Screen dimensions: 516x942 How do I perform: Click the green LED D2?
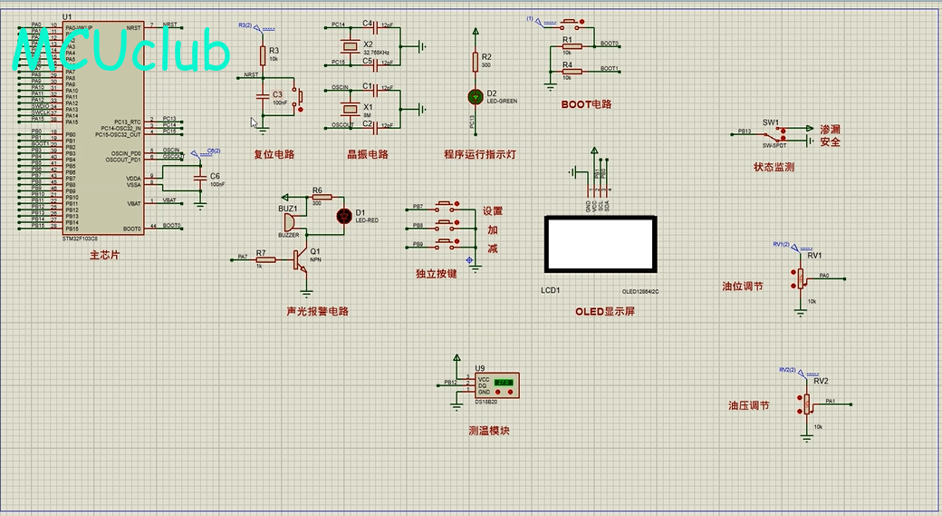(475, 96)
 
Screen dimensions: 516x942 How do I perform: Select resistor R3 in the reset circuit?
(263, 56)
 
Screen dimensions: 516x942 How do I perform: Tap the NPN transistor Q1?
(303, 260)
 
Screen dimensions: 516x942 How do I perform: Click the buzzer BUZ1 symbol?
(288, 222)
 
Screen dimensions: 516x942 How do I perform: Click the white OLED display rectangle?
(599, 244)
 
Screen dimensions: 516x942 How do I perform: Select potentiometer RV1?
(800, 277)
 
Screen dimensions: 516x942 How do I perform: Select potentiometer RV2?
(806, 404)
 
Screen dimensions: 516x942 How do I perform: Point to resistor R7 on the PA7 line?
(259, 259)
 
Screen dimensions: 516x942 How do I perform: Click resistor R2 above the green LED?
(475, 61)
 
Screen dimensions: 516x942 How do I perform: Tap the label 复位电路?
(274, 154)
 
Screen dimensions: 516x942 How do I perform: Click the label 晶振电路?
(368, 154)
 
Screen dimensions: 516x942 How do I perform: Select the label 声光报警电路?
(317, 311)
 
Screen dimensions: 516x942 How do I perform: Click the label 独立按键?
(436, 273)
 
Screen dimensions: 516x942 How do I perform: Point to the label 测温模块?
(489, 431)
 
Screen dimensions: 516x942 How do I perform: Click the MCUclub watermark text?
(121, 52)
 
